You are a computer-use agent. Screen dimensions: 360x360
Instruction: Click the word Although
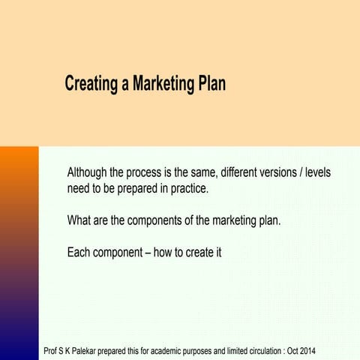coord(88,172)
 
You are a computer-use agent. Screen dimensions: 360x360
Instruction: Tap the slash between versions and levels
coord(301,172)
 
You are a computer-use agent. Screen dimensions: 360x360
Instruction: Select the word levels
coord(318,172)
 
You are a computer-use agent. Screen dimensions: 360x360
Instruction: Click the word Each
coord(79,252)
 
